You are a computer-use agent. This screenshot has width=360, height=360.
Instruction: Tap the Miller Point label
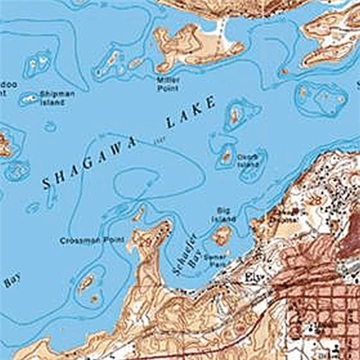[168, 84]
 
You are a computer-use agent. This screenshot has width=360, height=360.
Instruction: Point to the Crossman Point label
[92, 241]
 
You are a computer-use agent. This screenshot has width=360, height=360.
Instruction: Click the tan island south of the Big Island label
[222, 235]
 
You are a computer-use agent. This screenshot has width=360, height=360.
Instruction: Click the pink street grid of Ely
[323, 305]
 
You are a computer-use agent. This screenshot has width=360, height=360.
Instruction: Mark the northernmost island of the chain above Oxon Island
[234, 114]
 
